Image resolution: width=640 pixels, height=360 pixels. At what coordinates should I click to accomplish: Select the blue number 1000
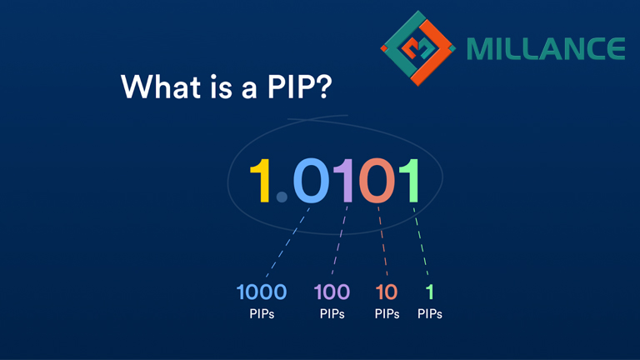[262, 292]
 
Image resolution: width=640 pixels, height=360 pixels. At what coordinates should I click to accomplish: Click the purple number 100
[332, 292]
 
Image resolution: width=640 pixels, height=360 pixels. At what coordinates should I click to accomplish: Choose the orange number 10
[387, 292]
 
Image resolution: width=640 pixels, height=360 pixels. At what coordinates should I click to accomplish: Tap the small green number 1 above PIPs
[430, 292]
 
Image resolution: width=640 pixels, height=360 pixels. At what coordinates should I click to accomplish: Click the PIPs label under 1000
[262, 314]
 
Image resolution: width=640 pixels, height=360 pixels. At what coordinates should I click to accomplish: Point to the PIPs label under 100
[332, 314]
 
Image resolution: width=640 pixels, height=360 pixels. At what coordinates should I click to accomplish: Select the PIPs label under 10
[387, 314]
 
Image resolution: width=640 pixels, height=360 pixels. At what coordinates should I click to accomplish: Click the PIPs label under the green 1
[430, 314]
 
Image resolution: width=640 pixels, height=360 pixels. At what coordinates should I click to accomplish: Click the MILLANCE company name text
[546, 48]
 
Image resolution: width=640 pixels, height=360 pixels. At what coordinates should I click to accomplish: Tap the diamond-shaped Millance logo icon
[419, 47]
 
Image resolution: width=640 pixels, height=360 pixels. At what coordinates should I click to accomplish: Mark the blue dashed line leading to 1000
[287, 242]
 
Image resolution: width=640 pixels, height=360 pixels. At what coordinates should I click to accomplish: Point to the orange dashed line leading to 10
[382, 242]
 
